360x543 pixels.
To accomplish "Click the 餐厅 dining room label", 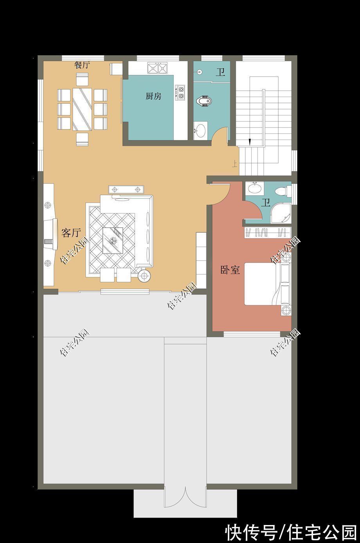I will tap(82, 65).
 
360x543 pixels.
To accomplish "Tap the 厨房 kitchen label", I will tap(153, 96).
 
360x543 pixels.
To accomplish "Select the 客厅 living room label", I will tap(71, 233).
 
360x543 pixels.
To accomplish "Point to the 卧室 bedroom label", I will tap(230, 270).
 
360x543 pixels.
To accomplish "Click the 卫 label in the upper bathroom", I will tap(221, 72).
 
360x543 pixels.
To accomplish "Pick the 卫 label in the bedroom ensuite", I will tap(266, 203).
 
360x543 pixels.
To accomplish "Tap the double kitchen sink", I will tap(157, 69).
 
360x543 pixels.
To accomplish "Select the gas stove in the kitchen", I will tap(181, 92).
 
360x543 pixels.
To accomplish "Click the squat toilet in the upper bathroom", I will tap(203, 102).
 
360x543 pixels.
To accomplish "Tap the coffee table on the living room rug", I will tap(113, 240).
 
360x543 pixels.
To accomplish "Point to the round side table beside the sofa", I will tap(144, 276).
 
